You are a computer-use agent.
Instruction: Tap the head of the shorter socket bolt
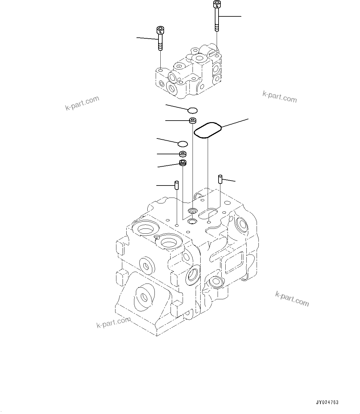[x=160, y=31]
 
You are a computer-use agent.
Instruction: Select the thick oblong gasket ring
[x=207, y=130]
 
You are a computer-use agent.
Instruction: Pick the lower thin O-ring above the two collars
[x=183, y=143]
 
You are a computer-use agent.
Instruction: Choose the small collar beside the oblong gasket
[x=193, y=121]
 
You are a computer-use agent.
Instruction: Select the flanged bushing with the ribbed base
[x=183, y=163]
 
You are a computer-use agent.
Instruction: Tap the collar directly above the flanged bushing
[x=183, y=153]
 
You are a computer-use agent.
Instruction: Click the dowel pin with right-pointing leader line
[x=220, y=179]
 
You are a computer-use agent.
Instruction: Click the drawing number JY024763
[x=327, y=403]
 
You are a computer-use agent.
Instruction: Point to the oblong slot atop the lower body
[x=208, y=213]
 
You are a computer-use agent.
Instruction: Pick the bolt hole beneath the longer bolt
[x=218, y=55]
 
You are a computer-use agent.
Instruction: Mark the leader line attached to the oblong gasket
[x=235, y=122]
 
